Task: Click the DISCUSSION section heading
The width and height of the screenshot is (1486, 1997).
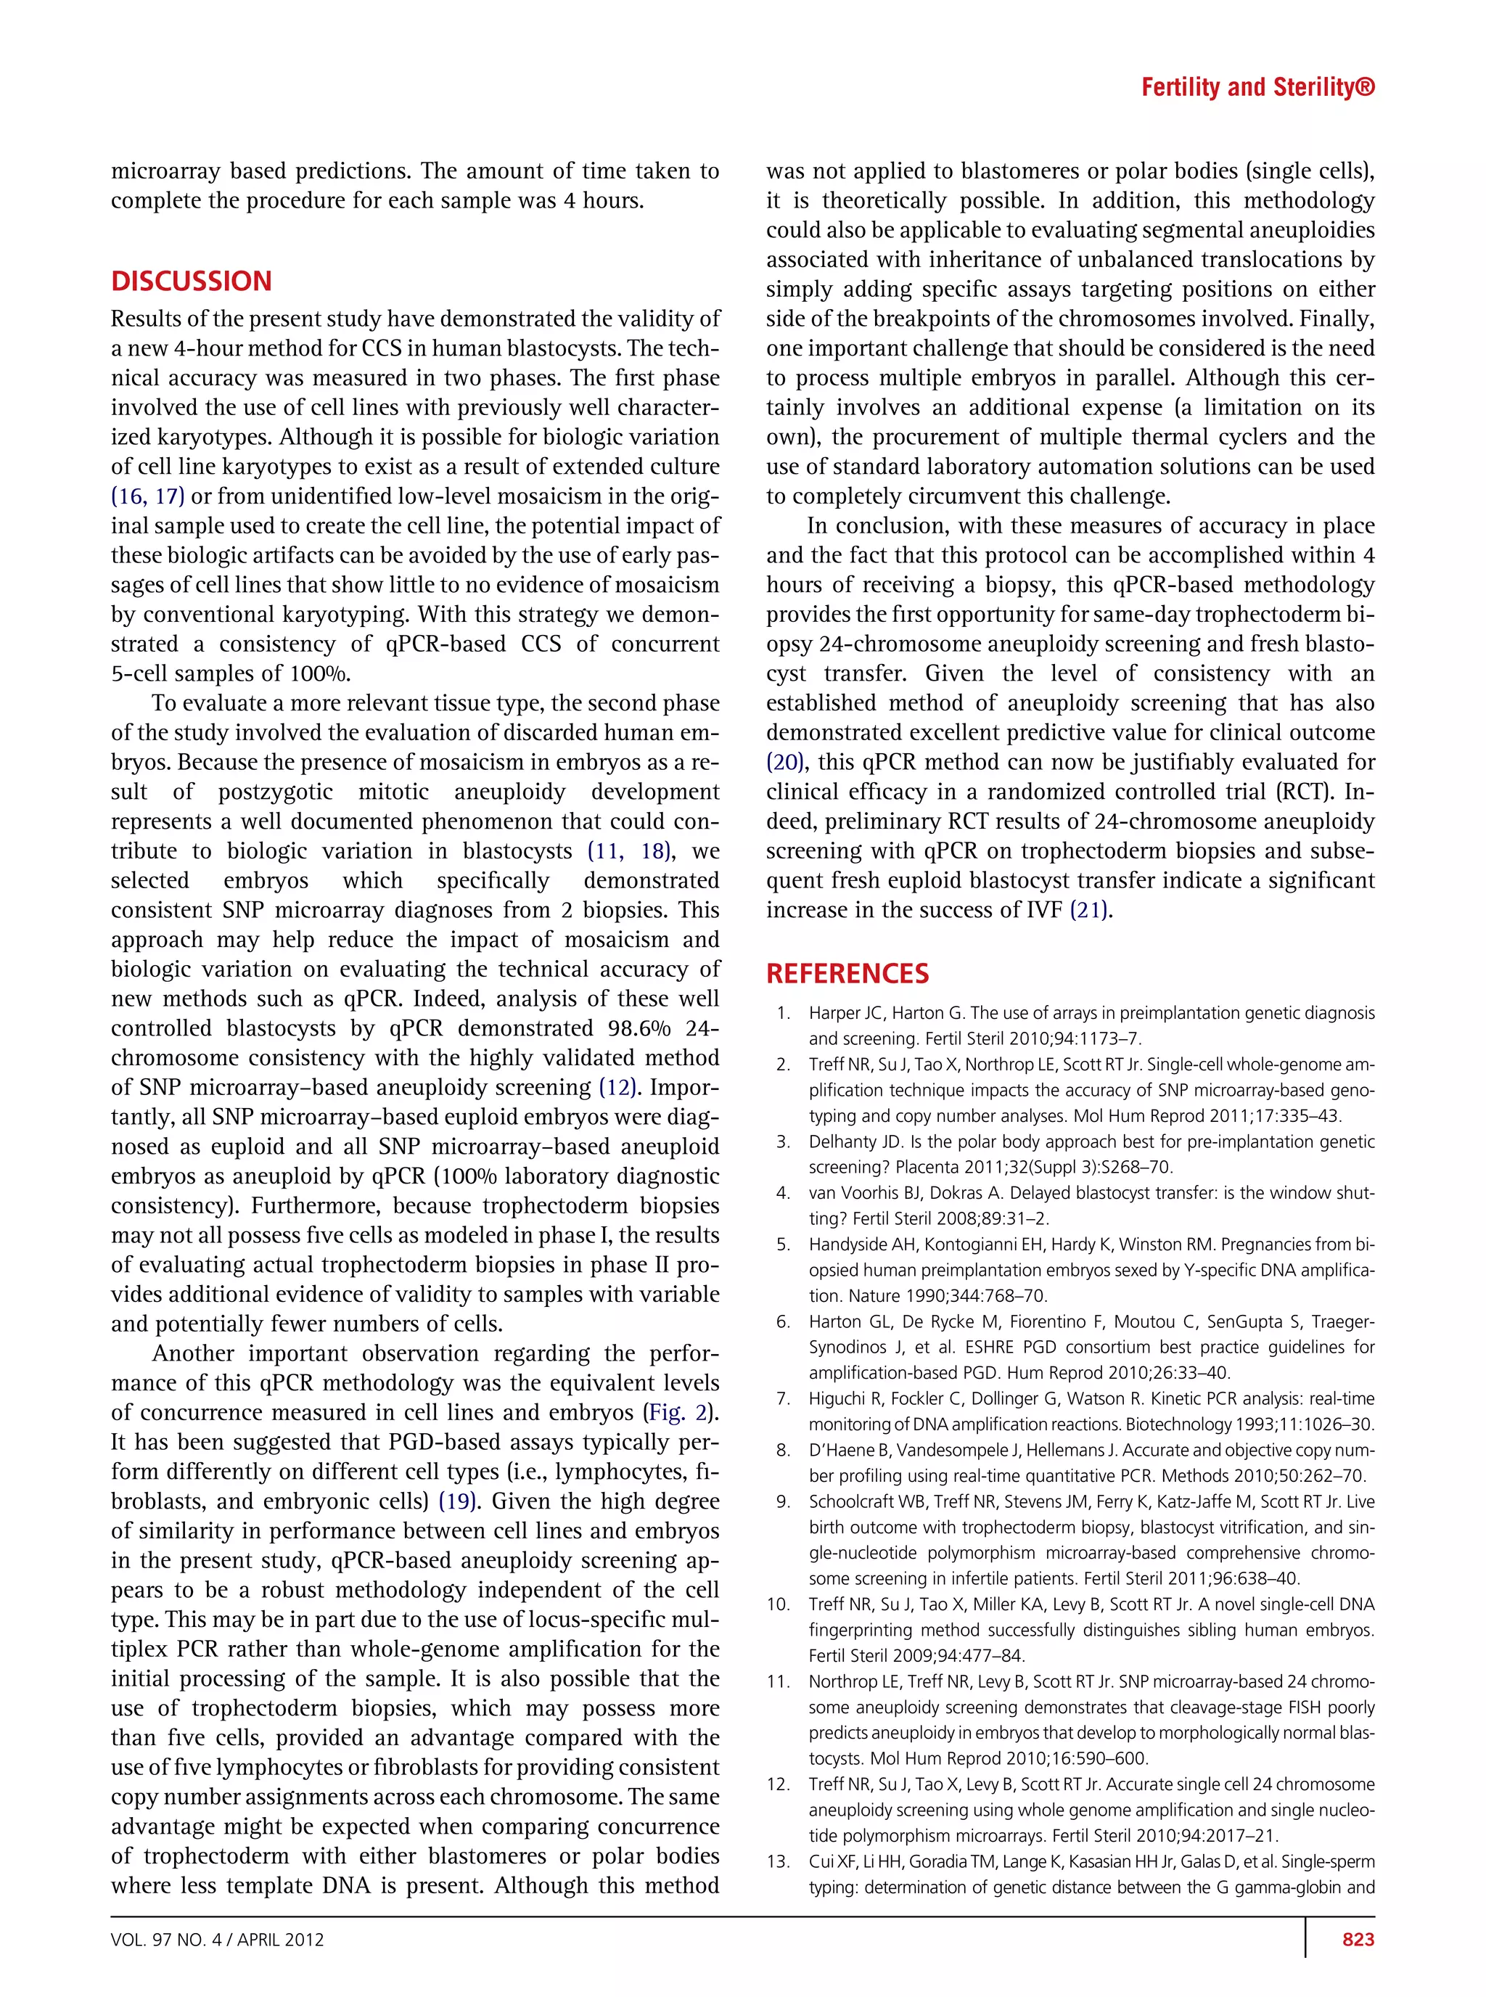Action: [191, 281]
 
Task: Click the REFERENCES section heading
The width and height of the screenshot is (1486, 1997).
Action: [847, 973]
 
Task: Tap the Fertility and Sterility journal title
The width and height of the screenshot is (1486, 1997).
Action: [1257, 87]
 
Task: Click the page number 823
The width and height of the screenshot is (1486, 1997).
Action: [1358, 1940]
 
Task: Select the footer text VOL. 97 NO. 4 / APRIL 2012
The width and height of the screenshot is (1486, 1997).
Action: [217, 1940]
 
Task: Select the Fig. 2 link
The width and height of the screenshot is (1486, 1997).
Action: [681, 1412]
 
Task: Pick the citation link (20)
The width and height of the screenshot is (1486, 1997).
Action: [784, 762]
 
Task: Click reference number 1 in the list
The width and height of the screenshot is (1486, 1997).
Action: [784, 1013]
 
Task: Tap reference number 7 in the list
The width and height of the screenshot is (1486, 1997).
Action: [784, 1399]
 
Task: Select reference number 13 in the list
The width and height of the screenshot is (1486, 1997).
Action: [779, 1861]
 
